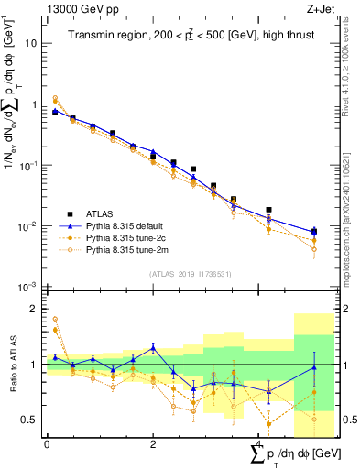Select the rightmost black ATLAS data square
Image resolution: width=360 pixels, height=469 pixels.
pos(314,232)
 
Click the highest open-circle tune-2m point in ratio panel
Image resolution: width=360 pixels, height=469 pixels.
pos(55,319)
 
